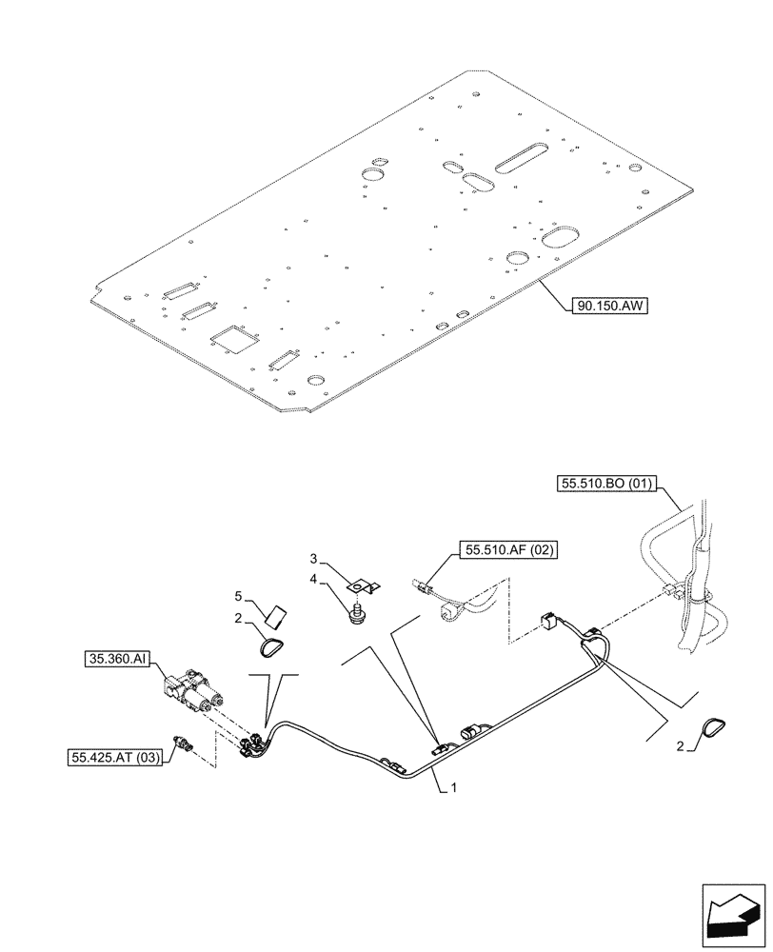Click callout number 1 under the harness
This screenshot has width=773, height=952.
tap(454, 788)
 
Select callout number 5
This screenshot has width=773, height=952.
tap(239, 597)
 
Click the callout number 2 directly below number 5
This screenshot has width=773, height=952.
tap(239, 619)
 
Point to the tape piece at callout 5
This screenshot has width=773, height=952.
tap(276, 617)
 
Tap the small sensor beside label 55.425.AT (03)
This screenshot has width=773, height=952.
tap(182, 744)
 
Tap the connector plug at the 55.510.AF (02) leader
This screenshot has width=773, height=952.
tap(424, 589)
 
